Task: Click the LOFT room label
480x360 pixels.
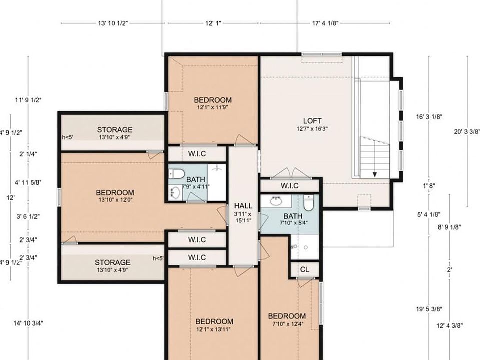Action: pyautogui.click(x=312, y=121)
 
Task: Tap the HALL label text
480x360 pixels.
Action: pyautogui.click(x=243, y=205)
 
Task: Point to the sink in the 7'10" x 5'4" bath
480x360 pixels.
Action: pyautogui.click(x=275, y=201)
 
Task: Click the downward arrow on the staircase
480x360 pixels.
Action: pyautogui.click(x=375, y=174)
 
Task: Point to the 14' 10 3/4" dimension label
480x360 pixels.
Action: pyautogui.click(x=28, y=323)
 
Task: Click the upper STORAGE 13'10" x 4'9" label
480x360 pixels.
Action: pyautogui.click(x=115, y=130)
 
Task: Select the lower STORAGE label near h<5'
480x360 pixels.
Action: pyautogui.click(x=113, y=262)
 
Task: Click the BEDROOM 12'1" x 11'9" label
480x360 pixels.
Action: pyautogui.click(x=213, y=100)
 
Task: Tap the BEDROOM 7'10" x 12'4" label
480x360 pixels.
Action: pyautogui.click(x=287, y=316)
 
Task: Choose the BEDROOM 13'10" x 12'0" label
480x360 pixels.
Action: pyautogui.click(x=115, y=193)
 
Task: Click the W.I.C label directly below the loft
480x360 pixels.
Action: pyautogui.click(x=289, y=186)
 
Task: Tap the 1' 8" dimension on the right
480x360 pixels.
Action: pyautogui.click(x=429, y=185)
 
